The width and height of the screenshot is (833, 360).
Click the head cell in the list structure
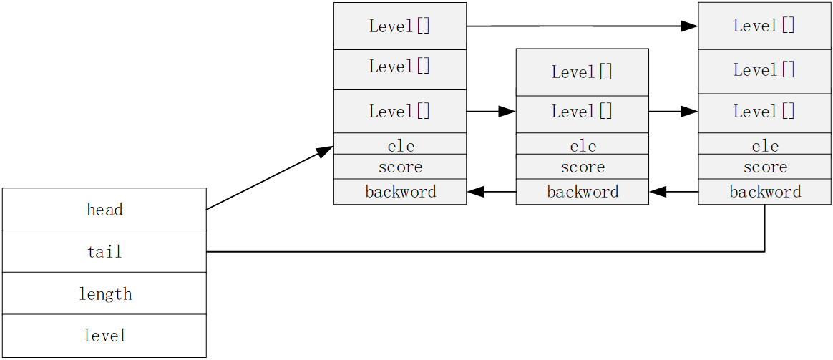coord(104,209)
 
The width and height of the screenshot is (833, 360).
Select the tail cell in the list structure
coord(104,251)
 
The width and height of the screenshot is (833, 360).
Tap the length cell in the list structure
coord(104,293)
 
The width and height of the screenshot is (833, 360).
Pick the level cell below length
coord(104,335)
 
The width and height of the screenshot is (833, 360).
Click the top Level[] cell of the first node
coord(399,26)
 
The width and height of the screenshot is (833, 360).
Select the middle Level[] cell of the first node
coord(399,69)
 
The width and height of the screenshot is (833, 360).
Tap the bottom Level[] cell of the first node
coord(399,111)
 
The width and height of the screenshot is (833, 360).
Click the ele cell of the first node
coord(399,145)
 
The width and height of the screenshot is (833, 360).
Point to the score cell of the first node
coord(399,167)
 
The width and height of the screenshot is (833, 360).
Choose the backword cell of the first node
coord(399,191)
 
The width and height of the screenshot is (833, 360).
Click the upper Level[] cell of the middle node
coord(582,72)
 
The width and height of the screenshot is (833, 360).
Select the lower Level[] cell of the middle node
coord(582,113)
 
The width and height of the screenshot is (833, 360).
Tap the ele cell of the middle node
coord(582,145)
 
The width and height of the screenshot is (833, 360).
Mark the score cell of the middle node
coord(582,167)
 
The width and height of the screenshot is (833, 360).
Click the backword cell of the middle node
coord(582,191)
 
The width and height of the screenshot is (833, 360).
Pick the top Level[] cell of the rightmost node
coord(764,26)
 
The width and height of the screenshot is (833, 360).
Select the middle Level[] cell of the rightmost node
coord(764,70)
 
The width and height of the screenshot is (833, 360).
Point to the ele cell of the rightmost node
coord(764,145)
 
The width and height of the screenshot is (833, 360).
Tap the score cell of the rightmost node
coord(764,167)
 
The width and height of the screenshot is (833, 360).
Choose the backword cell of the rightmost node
coord(764,191)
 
